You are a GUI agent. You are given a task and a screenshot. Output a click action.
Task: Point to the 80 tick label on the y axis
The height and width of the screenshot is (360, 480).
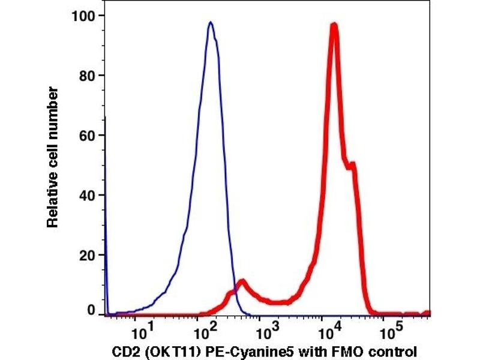(89, 76)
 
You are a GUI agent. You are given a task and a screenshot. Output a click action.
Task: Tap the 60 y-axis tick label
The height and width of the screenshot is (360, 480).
(89, 136)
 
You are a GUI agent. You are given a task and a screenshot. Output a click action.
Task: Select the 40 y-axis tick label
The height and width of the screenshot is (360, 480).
(89, 196)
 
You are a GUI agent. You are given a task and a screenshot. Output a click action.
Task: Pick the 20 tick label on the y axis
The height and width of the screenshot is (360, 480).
(89, 256)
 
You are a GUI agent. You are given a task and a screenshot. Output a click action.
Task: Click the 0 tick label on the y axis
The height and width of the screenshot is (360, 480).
(92, 310)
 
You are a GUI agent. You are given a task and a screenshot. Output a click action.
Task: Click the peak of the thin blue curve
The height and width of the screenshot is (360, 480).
(211, 23)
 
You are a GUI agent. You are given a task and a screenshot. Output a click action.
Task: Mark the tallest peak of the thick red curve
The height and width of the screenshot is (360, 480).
(334, 25)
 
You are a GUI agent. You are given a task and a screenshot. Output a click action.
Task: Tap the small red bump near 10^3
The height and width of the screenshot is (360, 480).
(242, 281)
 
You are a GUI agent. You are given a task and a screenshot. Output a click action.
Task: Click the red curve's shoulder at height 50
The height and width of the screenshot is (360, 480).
(353, 163)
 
